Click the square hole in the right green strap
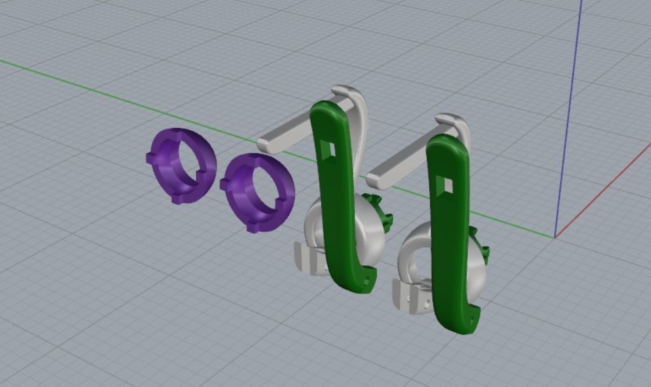(448, 186)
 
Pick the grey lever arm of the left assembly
(294, 134)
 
